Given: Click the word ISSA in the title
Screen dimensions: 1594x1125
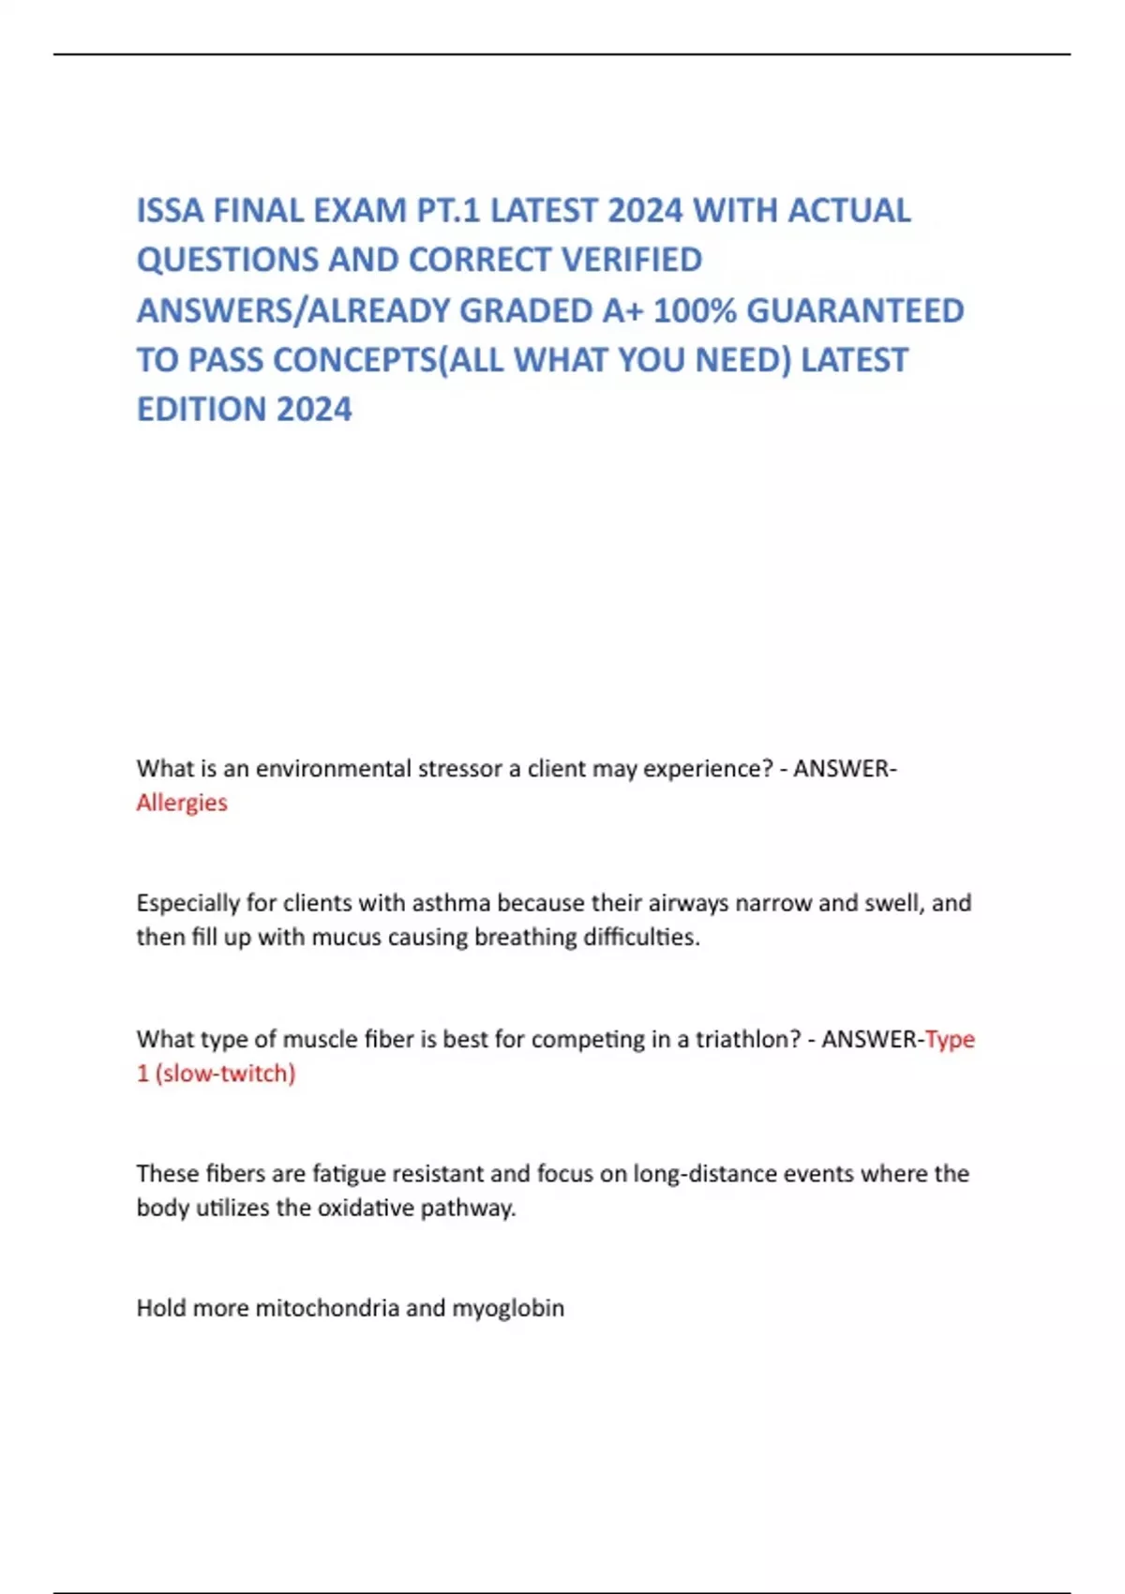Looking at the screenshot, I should [171, 211].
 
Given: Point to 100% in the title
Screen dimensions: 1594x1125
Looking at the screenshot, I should [695, 311].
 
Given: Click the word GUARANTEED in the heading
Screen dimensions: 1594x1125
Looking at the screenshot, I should [855, 311].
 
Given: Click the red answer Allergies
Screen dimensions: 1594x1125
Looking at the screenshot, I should [182, 803].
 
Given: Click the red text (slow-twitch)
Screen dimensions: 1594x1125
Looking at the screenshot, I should [225, 1074].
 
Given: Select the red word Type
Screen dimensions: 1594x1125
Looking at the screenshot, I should [950, 1039].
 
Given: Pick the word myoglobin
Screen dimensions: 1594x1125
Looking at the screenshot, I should [508, 1308].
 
